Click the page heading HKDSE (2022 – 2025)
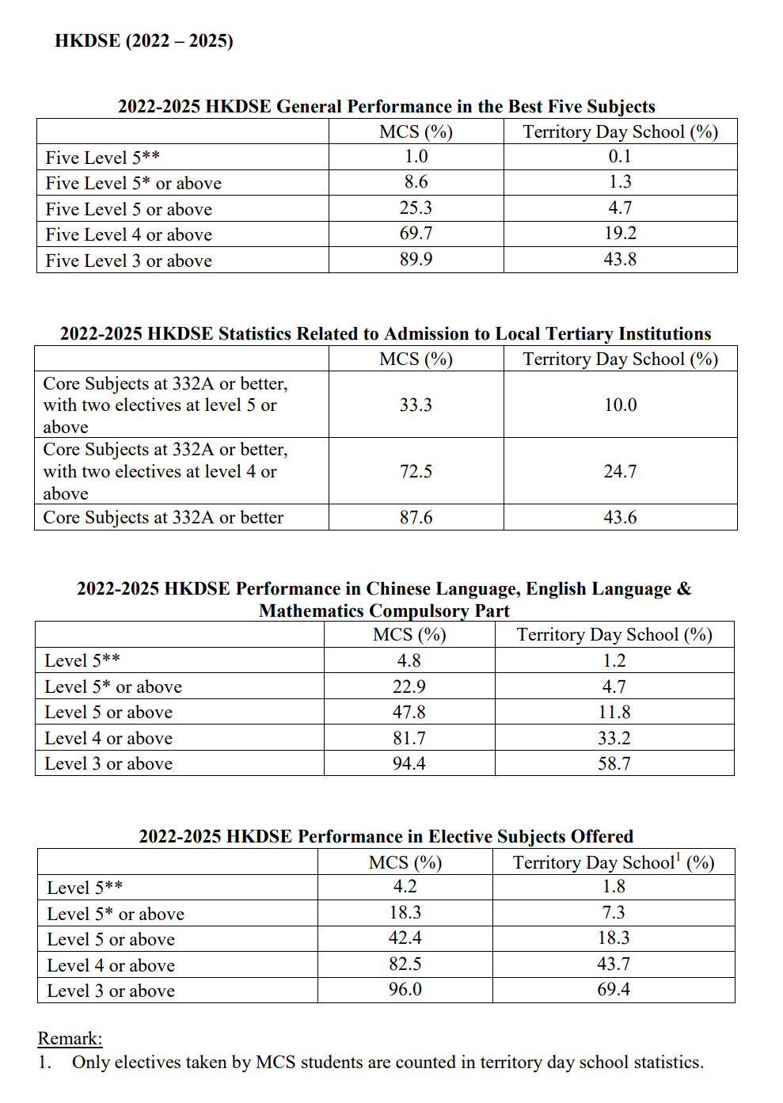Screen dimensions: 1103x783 [x=143, y=40]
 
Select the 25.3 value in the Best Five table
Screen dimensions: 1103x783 [x=416, y=208]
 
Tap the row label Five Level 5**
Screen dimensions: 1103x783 [x=103, y=158]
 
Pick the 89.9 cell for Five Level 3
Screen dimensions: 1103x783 [x=416, y=260]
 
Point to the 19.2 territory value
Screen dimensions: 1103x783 [x=620, y=234]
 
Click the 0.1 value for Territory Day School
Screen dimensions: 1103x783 [x=620, y=157]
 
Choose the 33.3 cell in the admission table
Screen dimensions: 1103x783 [x=416, y=405]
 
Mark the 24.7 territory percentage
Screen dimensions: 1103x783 [x=620, y=471]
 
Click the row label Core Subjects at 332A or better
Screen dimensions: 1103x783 [x=163, y=518]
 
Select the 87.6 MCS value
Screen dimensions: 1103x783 [x=416, y=518]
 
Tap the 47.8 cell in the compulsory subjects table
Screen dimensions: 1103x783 [x=409, y=712]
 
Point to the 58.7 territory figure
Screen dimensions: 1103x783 [x=614, y=764]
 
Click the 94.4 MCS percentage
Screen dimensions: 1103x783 [x=409, y=764]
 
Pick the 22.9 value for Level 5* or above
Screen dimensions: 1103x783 [x=409, y=687]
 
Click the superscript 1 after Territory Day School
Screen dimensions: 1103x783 [x=678, y=857]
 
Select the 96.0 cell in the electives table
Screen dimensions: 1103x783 [x=405, y=990]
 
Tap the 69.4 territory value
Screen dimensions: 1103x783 [x=614, y=990]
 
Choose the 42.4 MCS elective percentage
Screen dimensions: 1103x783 [x=405, y=938]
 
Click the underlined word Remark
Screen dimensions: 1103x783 [x=70, y=1038]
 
